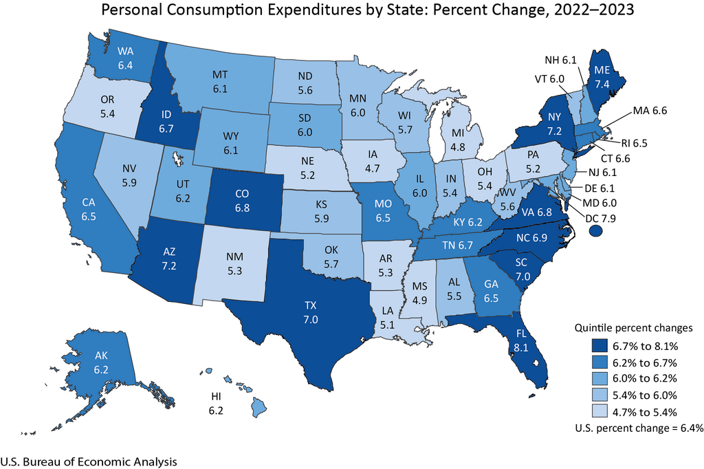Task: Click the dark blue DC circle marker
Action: [x=595, y=233]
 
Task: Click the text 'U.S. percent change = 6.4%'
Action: [x=639, y=428]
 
